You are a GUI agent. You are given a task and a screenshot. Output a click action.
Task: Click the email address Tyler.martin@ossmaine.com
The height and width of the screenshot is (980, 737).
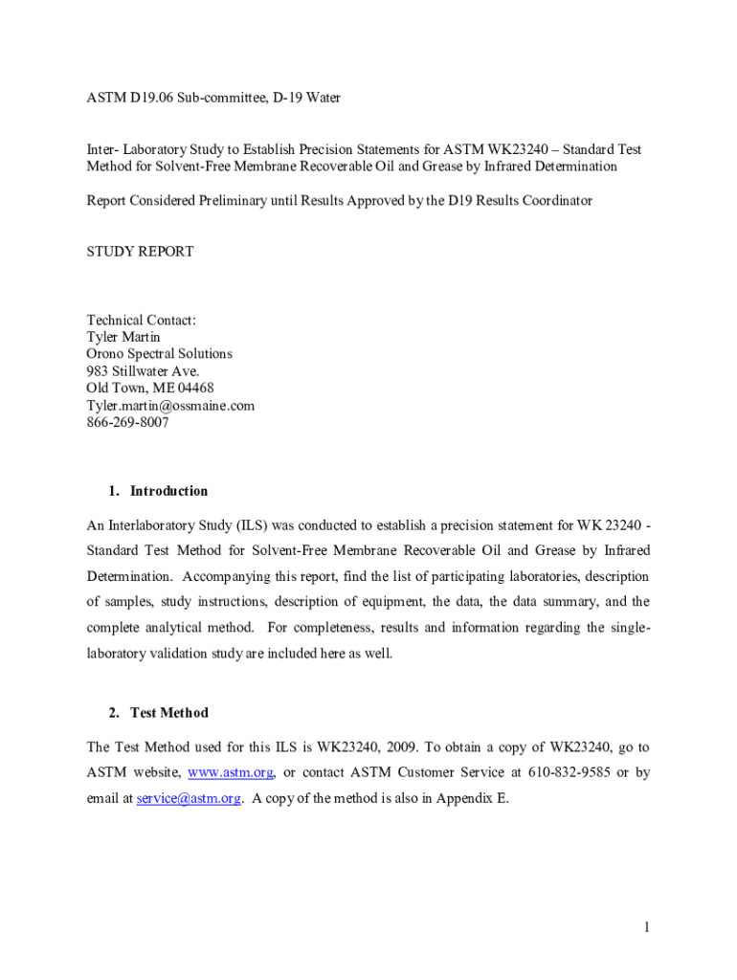click(170, 405)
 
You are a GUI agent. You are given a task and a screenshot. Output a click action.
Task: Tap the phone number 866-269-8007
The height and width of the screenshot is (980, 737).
click(127, 422)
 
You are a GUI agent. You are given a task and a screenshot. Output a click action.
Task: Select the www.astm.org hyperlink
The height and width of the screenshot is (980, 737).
click(231, 772)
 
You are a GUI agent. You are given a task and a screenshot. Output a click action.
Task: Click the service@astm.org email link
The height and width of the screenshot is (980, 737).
click(188, 798)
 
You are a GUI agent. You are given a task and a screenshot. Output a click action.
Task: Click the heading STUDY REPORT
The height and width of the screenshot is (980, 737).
click(140, 252)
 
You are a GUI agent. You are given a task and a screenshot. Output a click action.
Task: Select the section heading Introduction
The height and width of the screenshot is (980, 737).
click(168, 491)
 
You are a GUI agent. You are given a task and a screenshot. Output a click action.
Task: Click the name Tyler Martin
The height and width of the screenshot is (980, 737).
click(123, 337)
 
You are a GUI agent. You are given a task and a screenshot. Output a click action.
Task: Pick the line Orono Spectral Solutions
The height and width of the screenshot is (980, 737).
click(159, 354)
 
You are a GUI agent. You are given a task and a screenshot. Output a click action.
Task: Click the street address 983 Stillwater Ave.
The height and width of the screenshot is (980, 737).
click(144, 371)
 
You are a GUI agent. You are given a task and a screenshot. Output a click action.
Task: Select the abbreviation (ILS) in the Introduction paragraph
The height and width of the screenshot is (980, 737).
click(246, 525)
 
